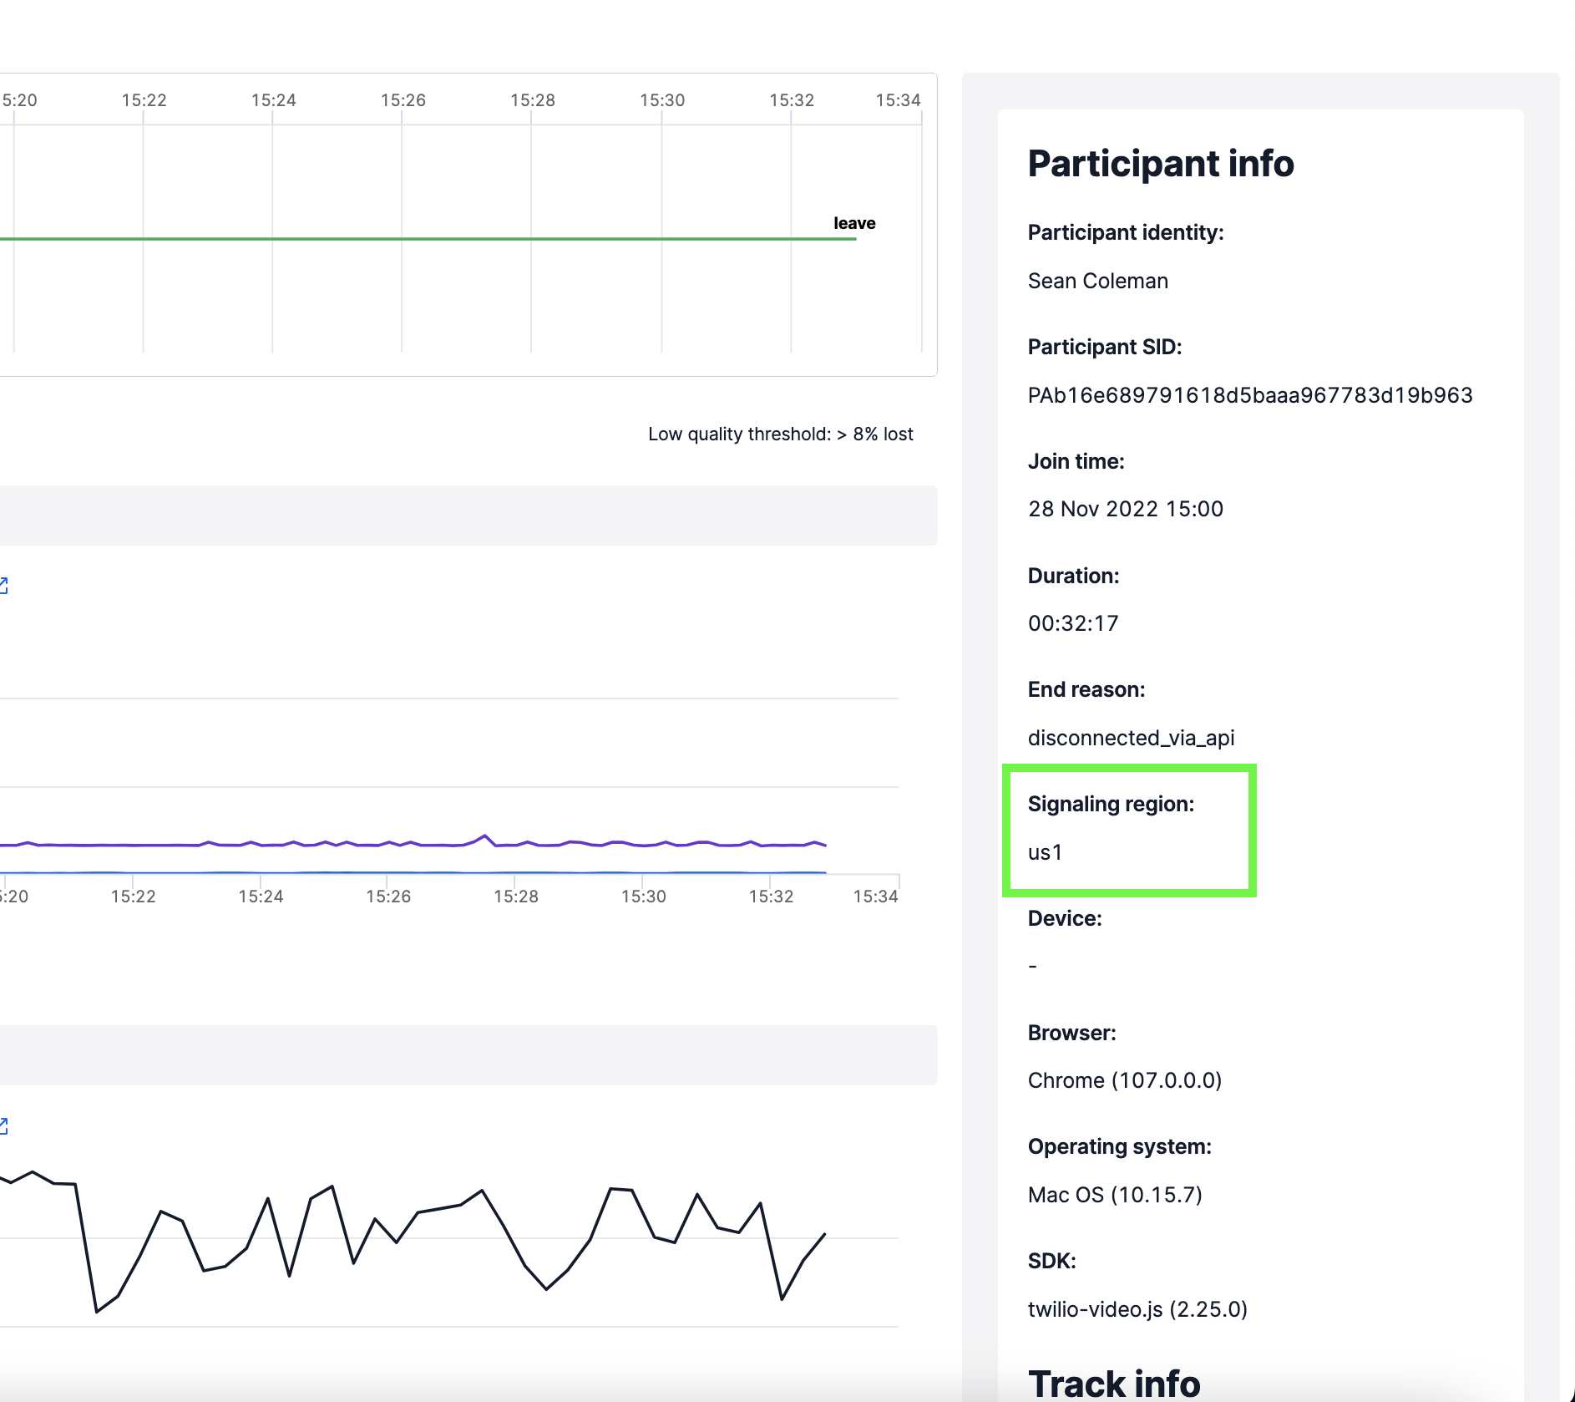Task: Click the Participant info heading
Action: [x=1160, y=164]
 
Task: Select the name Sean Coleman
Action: [x=1097, y=282]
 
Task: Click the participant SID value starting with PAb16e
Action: [x=1249, y=396]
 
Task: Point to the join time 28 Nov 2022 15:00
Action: [x=1125, y=510]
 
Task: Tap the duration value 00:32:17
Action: [x=1072, y=624]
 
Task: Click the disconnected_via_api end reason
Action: [x=1131, y=739]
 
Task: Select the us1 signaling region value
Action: [x=1045, y=853]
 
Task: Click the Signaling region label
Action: [x=1111, y=805]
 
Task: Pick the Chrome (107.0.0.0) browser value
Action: [x=1124, y=1081]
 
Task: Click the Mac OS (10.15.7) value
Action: [x=1114, y=1196]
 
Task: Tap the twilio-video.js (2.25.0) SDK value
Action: [x=1137, y=1309]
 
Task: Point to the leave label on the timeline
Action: [x=853, y=224]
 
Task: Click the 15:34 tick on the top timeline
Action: [x=898, y=101]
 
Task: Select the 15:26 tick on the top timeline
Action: [x=403, y=101]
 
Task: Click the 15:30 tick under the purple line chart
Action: [x=643, y=897]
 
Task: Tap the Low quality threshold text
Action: [x=780, y=434]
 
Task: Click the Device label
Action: [x=1064, y=919]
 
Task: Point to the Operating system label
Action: [x=1119, y=1147]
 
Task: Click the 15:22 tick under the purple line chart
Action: [x=133, y=897]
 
